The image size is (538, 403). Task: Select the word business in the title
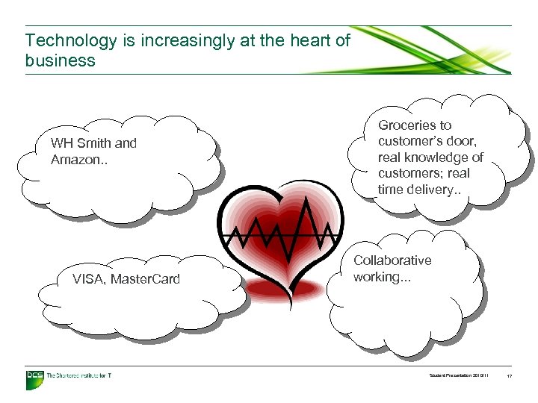(x=60, y=61)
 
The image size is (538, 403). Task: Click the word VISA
(x=89, y=279)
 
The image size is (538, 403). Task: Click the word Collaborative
(x=392, y=260)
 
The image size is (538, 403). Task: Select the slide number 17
(x=510, y=376)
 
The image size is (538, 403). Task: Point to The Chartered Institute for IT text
(x=79, y=376)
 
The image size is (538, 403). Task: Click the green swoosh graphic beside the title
(x=441, y=51)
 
